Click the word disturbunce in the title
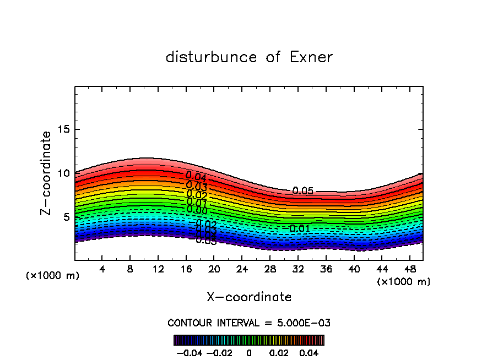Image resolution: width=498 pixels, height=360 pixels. (x=212, y=57)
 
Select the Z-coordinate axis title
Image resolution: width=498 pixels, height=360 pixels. (x=46, y=173)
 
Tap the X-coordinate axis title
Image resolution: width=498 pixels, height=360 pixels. (x=249, y=297)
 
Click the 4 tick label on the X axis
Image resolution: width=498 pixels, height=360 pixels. (x=102, y=269)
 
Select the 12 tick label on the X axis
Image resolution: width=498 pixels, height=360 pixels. (x=158, y=269)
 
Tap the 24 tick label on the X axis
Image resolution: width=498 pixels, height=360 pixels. (x=242, y=269)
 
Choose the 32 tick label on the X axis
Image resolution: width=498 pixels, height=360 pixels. (x=298, y=269)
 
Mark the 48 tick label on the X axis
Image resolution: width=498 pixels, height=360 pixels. (x=409, y=269)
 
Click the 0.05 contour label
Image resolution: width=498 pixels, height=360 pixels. (x=302, y=191)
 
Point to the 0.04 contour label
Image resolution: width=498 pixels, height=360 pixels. (x=196, y=177)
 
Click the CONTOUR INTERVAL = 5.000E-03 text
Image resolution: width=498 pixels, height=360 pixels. (x=249, y=323)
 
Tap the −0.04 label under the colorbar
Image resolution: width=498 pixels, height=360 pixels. (x=189, y=352)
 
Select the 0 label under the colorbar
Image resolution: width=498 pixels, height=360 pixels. (x=249, y=352)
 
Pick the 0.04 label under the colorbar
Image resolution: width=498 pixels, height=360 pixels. (x=309, y=352)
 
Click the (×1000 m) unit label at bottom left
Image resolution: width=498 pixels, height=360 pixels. (x=53, y=275)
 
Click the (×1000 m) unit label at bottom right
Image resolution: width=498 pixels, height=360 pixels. (x=404, y=281)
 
